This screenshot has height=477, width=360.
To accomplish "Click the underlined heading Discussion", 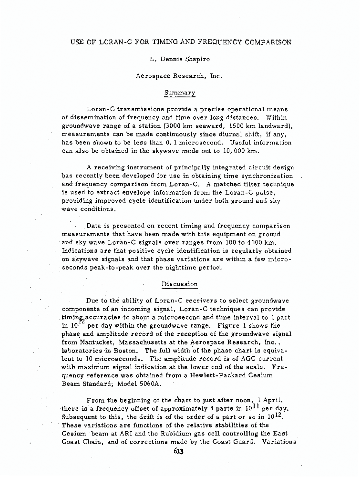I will pyautogui.click(x=179, y=284).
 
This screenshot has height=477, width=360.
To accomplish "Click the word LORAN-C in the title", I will pyautogui.click(x=118, y=42).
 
